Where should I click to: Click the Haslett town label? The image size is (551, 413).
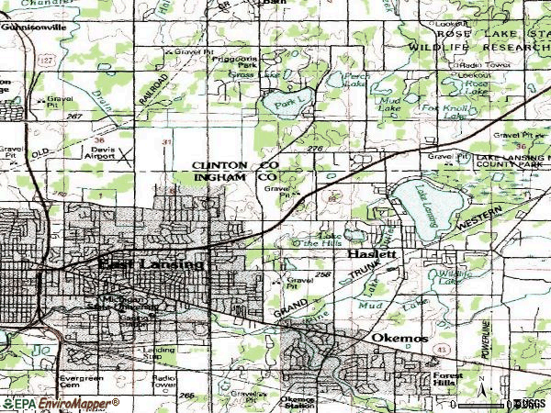(x=372, y=253)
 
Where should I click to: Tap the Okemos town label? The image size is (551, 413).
(x=400, y=339)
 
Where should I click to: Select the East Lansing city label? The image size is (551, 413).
(x=152, y=264)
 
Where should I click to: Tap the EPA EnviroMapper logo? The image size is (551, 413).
(x=61, y=403)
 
